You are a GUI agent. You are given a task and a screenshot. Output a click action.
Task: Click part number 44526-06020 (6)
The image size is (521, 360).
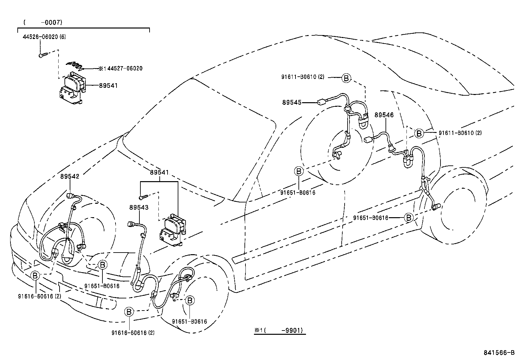pyautogui.click(x=44, y=37)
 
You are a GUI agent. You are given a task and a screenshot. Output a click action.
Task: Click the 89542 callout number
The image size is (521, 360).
pyautogui.click(x=70, y=176)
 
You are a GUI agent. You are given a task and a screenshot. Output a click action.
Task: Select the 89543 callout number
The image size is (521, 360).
pyautogui.click(x=138, y=207)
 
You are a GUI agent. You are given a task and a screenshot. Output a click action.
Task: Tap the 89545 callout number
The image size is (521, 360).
pyautogui.click(x=292, y=103)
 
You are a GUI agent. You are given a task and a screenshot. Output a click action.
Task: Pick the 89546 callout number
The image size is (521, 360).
pyautogui.click(x=384, y=115)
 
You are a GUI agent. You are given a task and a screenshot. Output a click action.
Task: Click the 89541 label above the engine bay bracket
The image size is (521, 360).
pyautogui.click(x=159, y=172)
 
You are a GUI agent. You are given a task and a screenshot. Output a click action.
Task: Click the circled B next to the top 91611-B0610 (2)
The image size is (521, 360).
pyautogui.click(x=346, y=78)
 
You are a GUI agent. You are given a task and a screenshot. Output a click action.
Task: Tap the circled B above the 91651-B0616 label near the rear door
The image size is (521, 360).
pyautogui.click(x=298, y=171)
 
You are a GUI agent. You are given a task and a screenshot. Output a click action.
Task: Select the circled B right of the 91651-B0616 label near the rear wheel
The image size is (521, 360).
pyautogui.click(x=408, y=218)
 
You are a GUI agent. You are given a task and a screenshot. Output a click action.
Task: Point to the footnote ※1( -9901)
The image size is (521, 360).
pyautogui.click(x=280, y=331)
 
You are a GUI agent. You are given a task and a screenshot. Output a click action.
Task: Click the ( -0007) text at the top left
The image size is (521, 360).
pyautogui.click(x=43, y=22)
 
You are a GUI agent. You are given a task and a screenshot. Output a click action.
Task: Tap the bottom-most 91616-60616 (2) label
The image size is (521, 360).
pyautogui.click(x=133, y=333)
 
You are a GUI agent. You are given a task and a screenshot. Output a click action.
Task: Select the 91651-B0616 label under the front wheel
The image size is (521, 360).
pyautogui.click(x=189, y=322)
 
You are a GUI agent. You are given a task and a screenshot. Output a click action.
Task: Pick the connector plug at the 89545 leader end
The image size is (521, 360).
pyautogui.click(x=321, y=102)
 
